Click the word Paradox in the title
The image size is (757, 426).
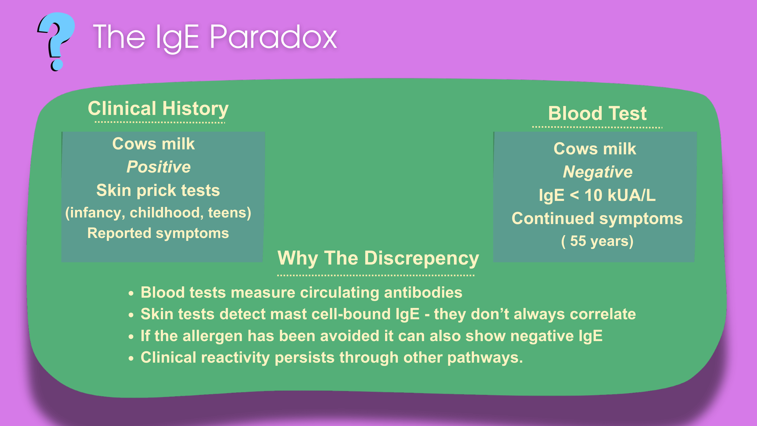pos(273,37)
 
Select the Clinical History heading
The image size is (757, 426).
pos(158,109)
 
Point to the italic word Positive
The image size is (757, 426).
pos(159,167)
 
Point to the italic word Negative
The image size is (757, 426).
pos(598,172)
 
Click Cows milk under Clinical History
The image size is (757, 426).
pos(154,144)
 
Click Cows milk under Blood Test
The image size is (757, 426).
pos(595,149)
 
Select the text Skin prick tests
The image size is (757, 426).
pos(158,190)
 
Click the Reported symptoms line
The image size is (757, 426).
pos(158,234)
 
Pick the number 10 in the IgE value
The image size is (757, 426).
pos(593,195)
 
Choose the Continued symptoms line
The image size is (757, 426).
pos(597,219)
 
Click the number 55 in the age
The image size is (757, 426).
pos(578,241)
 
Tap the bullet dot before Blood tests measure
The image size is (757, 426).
pos(131,293)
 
